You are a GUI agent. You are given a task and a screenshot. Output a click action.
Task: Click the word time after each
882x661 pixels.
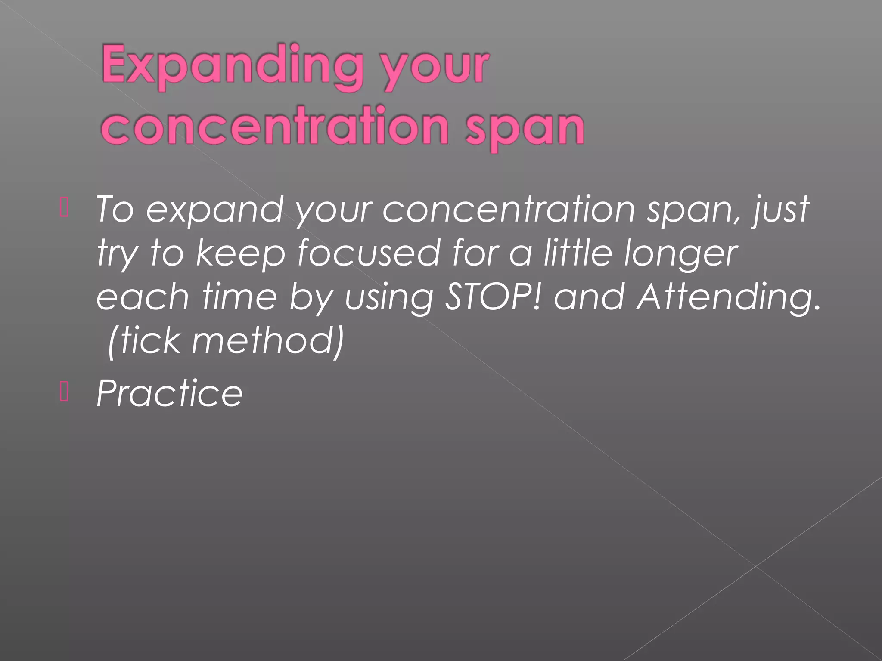point(239,297)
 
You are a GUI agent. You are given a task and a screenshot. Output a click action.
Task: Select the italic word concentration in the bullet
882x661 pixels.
point(508,209)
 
